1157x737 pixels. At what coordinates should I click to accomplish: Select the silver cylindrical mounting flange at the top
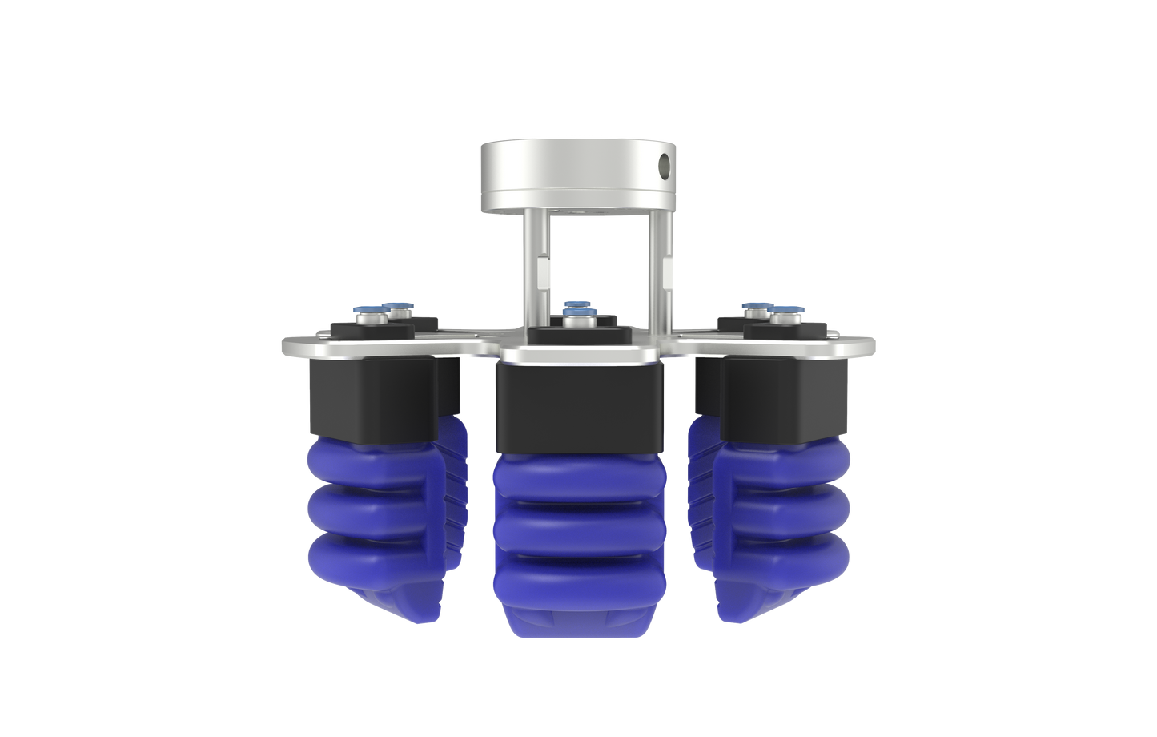point(578,176)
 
